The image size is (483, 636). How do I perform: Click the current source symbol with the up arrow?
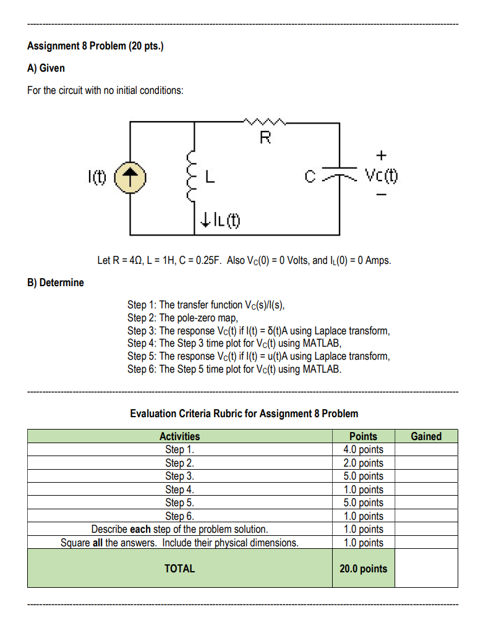click(x=130, y=179)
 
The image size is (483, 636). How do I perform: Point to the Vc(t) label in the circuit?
click(x=381, y=177)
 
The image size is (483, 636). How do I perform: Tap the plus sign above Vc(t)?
click(x=382, y=153)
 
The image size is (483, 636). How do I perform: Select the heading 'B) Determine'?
click(x=56, y=282)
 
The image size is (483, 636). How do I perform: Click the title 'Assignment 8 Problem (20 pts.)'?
click(x=95, y=46)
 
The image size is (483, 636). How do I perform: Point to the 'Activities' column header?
click(x=179, y=436)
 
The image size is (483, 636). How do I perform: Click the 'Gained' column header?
click(x=426, y=436)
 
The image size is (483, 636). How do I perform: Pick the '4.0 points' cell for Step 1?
click(x=363, y=449)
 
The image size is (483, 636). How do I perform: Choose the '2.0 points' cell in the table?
click(x=363, y=463)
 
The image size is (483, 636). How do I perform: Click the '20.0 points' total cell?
click(x=363, y=569)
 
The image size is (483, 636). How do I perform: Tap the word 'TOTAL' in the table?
click(x=179, y=569)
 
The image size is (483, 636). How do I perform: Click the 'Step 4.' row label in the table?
click(x=179, y=490)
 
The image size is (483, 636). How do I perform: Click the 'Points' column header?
click(x=363, y=436)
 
